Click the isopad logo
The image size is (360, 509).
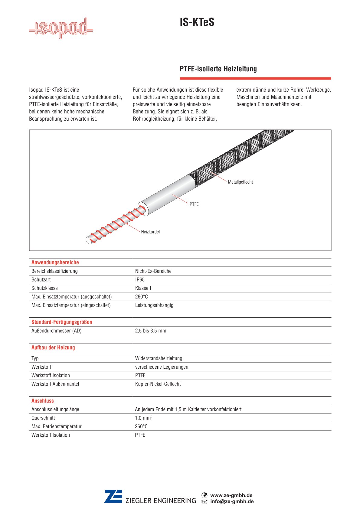[x=61, y=28]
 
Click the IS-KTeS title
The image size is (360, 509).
[x=197, y=22]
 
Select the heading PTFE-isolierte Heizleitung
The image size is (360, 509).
[x=218, y=69]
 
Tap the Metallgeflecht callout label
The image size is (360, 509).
[x=240, y=182]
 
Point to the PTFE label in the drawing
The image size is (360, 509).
[x=194, y=204]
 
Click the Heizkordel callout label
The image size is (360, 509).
[x=150, y=232]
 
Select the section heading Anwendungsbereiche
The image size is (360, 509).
[x=55, y=263]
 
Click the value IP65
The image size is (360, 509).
[x=140, y=280]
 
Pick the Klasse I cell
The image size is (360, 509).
[x=143, y=288]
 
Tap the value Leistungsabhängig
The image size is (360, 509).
[x=154, y=305]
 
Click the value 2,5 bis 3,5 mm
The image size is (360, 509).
[x=151, y=331]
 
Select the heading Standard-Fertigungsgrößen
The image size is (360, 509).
[x=62, y=322]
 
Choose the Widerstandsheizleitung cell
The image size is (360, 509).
[x=159, y=358]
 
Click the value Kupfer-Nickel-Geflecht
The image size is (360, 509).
[x=158, y=384]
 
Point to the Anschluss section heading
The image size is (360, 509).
[x=43, y=401]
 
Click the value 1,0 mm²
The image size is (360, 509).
[x=143, y=418]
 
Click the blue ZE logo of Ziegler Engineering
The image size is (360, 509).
[x=113, y=497]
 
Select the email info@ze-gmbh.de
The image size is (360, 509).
[x=232, y=501]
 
